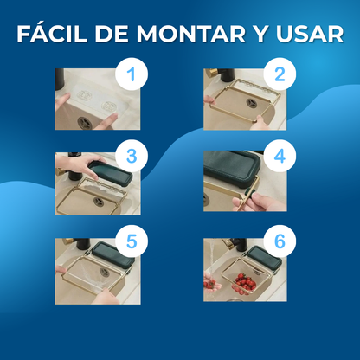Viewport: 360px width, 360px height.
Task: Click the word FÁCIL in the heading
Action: click(x=52, y=34)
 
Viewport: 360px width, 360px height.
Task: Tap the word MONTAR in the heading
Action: click(x=190, y=34)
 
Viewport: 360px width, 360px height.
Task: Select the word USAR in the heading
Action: click(x=310, y=34)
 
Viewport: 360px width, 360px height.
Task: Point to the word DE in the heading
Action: click(x=112, y=34)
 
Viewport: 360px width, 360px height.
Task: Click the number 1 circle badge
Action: click(x=132, y=74)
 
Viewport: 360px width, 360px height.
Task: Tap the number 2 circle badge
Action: click(x=280, y=74)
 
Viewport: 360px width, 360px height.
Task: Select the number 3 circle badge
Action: click(x=132, y=156)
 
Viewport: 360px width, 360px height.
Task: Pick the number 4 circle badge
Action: click(x=280, y=156)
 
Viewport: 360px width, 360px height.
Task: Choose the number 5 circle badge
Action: click(x=132, y=241)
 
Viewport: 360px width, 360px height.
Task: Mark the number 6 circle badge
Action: click(x=280, y=241)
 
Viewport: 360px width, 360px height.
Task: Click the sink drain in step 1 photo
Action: click(x=85, y=123)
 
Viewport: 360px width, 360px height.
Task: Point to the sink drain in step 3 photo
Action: click(x=99, y=202)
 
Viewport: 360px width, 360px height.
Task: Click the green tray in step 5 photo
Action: click(x=113, y=254)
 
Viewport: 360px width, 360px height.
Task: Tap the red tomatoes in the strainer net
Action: click(x=245, y=283)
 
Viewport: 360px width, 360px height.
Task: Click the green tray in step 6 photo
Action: click(x=265, y=257)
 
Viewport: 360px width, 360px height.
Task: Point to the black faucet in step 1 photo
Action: click(x=60, y=80)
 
